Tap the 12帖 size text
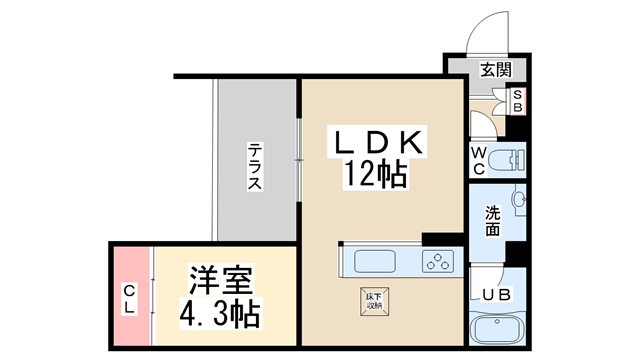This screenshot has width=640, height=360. (376, 175)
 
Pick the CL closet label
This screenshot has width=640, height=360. (130, 299)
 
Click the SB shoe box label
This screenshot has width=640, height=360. (518, 101)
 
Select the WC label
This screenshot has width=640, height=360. (479, 161)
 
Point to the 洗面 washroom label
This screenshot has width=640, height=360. (494, 221)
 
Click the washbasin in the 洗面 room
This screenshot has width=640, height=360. (518, 201)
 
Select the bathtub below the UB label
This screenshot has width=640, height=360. (497, 330)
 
